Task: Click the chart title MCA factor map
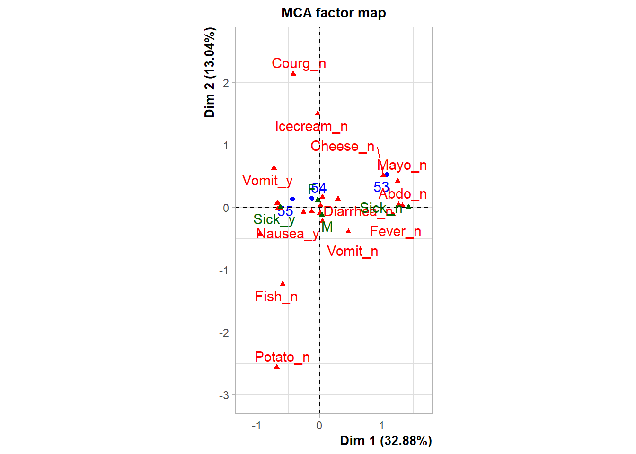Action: [x=333, y=13]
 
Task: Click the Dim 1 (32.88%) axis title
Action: [x=386, y=441]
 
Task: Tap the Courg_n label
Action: [x=299, y=63]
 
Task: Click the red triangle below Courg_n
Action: [x=293, y=73]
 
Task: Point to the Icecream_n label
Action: [x=311, y=126]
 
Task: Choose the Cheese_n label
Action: [x=342, y=146]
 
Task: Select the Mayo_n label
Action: [x=402, y=165]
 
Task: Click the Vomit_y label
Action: [x=267, y=181]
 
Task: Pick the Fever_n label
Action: [x=395, y=231]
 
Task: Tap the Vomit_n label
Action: [x=353, y=251]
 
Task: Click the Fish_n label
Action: [x=276, y=297]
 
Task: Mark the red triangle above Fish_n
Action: [x=283, y=284]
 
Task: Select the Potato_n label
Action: [x=282, y=357]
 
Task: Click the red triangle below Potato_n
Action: [x=277, y=367]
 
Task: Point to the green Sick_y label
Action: [x=274, y=219]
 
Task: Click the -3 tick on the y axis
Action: [x=224, y=395]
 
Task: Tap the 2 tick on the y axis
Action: [x=226, y=83]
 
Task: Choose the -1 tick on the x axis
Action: [x=256, y=426]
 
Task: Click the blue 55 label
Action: [x=285, y=211]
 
